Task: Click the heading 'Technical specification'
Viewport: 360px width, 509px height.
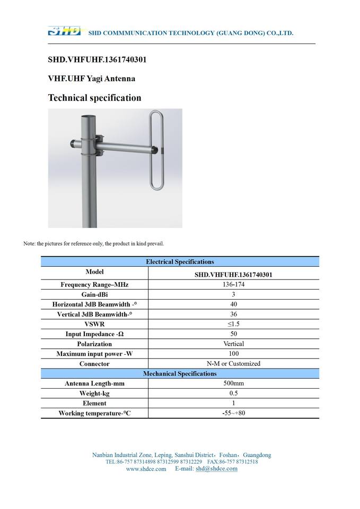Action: tap(94, 98)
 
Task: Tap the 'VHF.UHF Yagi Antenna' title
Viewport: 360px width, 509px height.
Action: tap(91, 78)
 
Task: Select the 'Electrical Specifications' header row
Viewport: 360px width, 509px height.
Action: tap(180, 261)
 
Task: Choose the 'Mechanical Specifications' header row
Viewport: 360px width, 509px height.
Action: tap(180, 374)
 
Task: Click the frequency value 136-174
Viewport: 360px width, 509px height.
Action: tap(233, 284)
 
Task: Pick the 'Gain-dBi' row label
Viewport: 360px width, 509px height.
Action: tap(94, 294)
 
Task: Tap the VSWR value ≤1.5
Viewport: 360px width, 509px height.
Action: tap(233, 324)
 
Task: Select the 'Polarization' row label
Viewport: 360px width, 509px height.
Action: tap(94, 344)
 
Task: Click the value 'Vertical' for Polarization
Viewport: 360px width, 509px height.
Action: tap(233, 344)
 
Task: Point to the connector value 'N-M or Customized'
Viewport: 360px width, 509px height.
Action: tap(233, 364)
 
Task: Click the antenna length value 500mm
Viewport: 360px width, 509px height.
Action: tap(233, 383)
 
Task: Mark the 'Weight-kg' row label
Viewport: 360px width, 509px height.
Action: tap(94, 393)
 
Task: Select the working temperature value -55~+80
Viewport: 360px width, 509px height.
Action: tap(233, 413)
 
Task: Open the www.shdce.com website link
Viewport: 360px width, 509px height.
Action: tap(146, 469)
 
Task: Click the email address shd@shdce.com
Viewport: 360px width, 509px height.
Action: tap(216, 469)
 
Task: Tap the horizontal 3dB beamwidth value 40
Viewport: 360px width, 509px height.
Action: tap(233, 304)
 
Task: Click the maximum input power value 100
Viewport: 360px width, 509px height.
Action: tap(233, 354)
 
